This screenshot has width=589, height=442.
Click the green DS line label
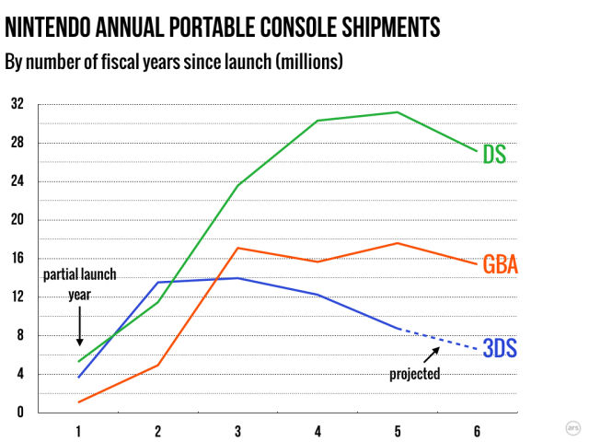(x=494, y=154)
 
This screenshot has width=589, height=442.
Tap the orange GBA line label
(x=500, y=265)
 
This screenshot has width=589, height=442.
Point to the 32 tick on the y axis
(x=17, y=104)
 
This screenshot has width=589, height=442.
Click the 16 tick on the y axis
(x=17, y=259)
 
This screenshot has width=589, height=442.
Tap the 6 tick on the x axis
(x=476, y=430)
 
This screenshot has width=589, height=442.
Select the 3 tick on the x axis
(x=238, y=430)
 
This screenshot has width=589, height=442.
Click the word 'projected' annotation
(x=414, y=374)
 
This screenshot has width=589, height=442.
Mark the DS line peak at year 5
(x=397, y=112)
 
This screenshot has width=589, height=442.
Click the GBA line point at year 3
(x=238, y=248)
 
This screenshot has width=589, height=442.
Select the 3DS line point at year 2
(x=159, y=282)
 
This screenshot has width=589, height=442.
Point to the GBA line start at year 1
(x=80, y=401)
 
